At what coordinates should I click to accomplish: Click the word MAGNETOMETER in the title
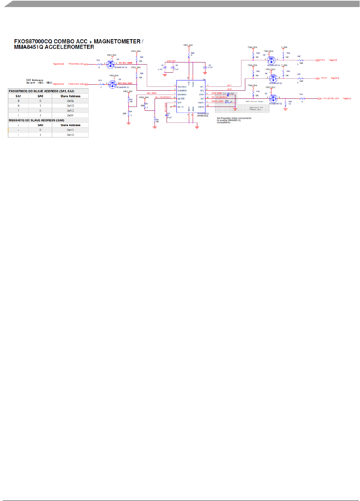117,41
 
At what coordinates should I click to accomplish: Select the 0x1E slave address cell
70,101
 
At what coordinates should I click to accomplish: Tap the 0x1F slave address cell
70,115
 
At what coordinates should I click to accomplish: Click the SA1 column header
18,96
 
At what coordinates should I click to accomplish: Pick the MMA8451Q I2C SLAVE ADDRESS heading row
36,120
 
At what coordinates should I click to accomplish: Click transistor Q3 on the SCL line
110,64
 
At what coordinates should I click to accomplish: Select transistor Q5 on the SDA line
112,84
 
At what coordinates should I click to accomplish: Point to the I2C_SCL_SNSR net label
125,63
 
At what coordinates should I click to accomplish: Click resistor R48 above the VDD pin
189,55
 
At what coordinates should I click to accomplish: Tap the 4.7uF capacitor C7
164,67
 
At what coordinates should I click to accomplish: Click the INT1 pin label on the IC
202,86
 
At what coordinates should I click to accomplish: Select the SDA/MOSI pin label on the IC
182,91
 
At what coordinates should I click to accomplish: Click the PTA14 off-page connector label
322,60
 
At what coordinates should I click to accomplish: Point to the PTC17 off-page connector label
324,78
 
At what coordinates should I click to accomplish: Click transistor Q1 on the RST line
273,99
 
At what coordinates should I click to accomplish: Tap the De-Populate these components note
234,120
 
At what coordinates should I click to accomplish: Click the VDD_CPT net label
171,61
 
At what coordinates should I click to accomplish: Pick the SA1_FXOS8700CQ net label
163,97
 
